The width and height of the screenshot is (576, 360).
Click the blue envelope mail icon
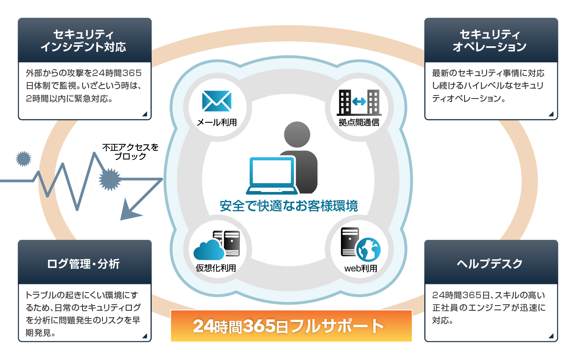(x=216, y=100)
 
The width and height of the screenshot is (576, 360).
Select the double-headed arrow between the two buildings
(x=359, y=102)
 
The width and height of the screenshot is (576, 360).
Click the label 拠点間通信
(x=359, y=122)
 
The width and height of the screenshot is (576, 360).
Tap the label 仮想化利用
(x=216, y=268)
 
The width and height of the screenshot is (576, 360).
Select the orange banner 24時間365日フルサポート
(x=291, y=326)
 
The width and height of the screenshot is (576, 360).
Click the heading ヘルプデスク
(x=490, y=263)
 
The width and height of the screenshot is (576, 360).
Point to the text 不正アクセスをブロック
(x=130, y=152)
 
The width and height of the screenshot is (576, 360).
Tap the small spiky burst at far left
(x=23, y=159)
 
